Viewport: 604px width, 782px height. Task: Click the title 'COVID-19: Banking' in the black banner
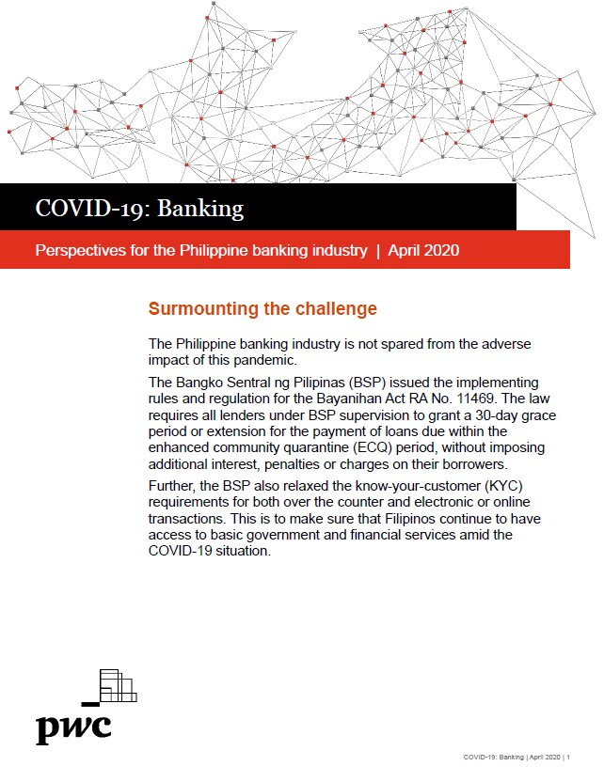click(139, 208)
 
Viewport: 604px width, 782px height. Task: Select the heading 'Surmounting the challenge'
click(262, 309)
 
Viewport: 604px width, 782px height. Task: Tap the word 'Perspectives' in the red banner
click(78, 251)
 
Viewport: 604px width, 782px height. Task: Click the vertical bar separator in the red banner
click(377, 251)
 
